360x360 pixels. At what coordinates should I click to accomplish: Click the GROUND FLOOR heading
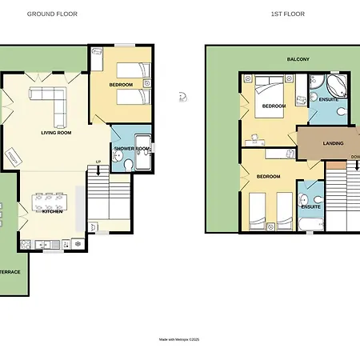pos(52,14)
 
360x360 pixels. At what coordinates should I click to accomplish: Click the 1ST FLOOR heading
pos(288,14)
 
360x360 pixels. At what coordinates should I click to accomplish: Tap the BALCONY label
pos(298,59)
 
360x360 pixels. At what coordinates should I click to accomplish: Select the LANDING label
pos(333,143)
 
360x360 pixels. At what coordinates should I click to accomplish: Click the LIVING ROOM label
pos(56,133)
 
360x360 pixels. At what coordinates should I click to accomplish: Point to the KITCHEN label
pos(53,211)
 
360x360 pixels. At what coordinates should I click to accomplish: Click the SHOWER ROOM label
pos(132,149)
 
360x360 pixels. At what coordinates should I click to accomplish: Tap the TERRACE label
pos(10,272)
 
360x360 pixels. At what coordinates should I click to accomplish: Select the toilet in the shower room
pos(129,165)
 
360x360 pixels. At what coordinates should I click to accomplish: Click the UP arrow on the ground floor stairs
pos(98,169)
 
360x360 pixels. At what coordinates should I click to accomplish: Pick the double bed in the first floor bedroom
pos(269,97)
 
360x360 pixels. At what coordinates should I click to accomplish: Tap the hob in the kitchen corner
pos(26,245)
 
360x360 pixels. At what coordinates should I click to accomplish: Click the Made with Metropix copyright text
pos(179,339)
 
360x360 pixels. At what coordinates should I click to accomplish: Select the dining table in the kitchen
pos(50,202)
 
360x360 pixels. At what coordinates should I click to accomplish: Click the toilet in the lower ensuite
pos(318,199)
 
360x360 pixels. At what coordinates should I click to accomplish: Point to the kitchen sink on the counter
pos(42,245)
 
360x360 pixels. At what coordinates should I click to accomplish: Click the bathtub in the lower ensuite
pos(311,224)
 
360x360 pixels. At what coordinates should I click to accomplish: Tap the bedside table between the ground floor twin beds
pos(147,83)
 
